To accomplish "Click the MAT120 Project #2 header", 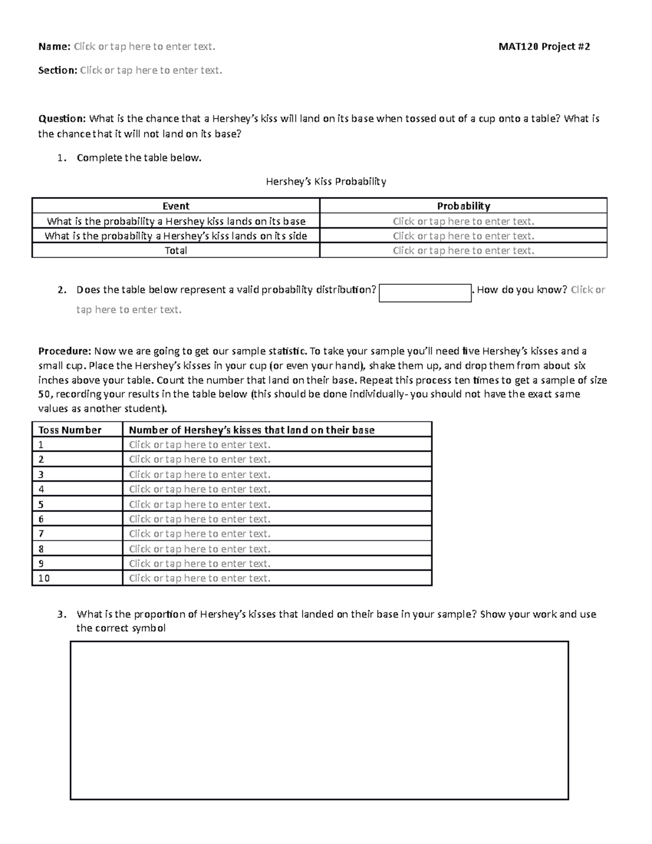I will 544,47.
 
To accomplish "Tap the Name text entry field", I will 145,47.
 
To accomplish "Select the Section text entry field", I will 151,70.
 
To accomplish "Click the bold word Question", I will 61,118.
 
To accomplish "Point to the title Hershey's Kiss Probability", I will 325,182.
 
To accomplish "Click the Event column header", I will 175,206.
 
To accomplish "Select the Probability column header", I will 463,206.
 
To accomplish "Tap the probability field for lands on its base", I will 463,221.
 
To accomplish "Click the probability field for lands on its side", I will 463,236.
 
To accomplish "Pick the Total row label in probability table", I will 175,251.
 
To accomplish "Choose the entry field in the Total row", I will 463,251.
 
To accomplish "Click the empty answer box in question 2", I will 424,293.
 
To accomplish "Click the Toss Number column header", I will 70,430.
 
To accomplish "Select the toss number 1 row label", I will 41,445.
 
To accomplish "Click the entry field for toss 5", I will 199,504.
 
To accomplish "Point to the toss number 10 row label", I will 44,578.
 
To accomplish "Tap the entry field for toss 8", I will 199,549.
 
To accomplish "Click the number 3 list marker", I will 62,615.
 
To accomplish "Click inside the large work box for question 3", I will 319,720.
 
